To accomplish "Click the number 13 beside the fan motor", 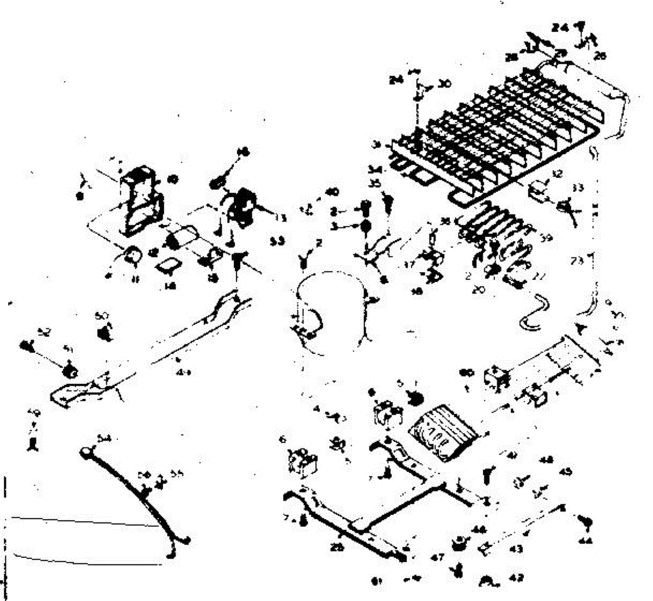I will tap(280, 218).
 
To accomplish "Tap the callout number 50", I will tap(101, 315).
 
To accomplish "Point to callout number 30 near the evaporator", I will tap(445, 84).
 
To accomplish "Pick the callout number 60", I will tap(466, 373).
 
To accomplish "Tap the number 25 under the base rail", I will tap(337, 548).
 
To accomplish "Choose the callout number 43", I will tap(516, 549).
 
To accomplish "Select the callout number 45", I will tap(565, 472).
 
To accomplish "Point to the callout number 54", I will tap(104, 438).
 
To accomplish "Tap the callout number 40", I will tap(332, 191).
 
